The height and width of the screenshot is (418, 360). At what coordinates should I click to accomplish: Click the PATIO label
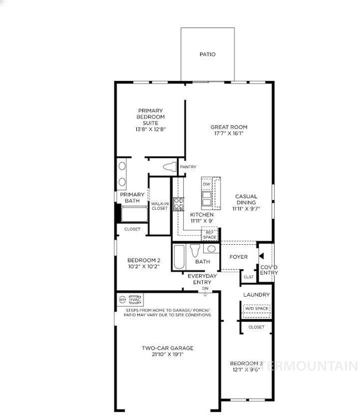(x=208, y=54)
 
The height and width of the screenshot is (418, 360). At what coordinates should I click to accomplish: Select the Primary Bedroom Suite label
(x=151, y=119)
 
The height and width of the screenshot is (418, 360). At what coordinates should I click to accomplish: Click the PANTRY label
(x=188, y=167)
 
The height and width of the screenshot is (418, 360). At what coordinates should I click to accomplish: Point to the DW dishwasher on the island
(x=207, y=184)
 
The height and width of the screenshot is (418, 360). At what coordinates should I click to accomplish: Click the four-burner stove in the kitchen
(x=179, y=204)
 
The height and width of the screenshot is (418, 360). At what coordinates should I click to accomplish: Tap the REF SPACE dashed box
(x=209, y=234)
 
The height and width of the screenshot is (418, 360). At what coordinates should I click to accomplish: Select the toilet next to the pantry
(x=169, y=167)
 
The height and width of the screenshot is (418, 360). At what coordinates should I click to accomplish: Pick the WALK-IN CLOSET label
(x=160, y=205)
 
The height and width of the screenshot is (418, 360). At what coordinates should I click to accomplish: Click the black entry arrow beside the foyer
(x=261, y=256)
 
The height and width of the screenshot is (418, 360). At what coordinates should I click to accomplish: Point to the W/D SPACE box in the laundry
(x=257, y=308)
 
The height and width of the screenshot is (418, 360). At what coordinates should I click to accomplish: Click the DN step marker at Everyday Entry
(x=205, y=288)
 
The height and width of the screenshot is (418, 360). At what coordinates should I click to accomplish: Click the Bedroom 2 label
(x=143, y=260)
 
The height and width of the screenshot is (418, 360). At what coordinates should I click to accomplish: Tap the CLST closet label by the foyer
(x=249, y=277)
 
